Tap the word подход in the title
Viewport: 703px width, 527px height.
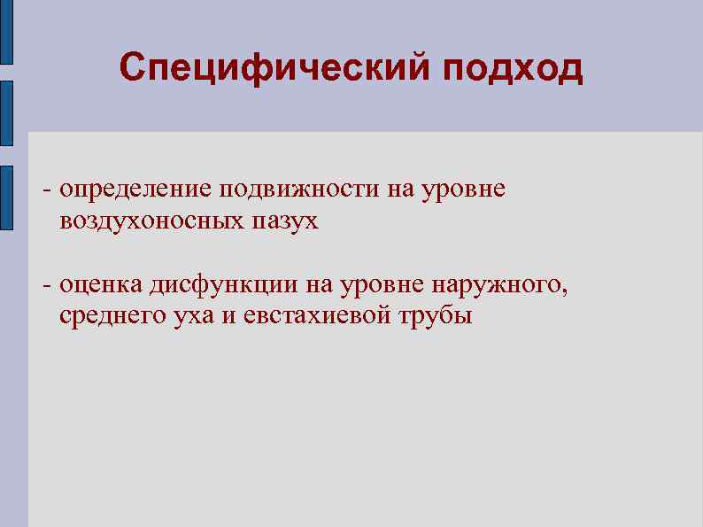509,67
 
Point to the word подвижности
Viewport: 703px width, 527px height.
297,190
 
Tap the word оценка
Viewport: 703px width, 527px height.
102,285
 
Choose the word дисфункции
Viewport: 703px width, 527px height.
223,285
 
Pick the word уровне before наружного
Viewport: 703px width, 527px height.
386,285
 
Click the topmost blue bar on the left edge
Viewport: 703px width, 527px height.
6,31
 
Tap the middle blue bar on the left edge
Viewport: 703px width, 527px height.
6,112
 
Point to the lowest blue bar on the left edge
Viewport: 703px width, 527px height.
6,198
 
